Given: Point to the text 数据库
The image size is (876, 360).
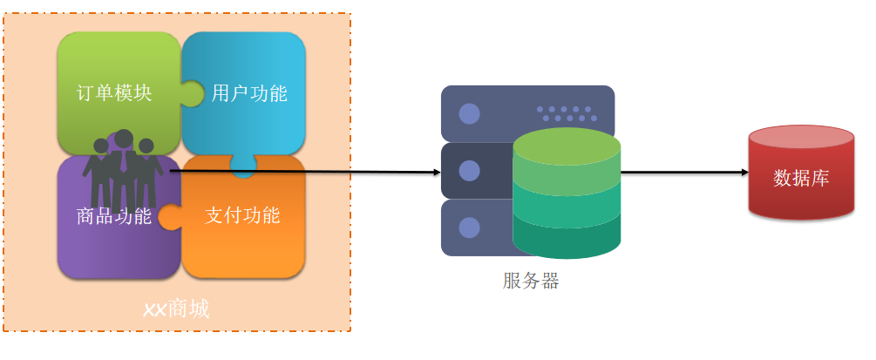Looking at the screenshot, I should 801,179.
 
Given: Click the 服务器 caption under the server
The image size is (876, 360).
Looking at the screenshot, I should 531,281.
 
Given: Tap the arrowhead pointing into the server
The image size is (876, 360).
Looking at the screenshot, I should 437,173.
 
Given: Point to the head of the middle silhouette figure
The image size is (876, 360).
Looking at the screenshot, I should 124,139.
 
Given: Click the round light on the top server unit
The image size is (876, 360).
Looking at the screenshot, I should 469,113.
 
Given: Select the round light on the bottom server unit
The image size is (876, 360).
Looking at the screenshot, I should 469,228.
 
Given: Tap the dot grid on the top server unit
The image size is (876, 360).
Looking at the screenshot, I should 567,113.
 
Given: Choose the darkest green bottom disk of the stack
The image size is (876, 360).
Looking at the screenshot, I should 567,240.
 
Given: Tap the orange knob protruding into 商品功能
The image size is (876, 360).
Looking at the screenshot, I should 169,216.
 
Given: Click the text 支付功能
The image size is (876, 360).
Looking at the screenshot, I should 242,215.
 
